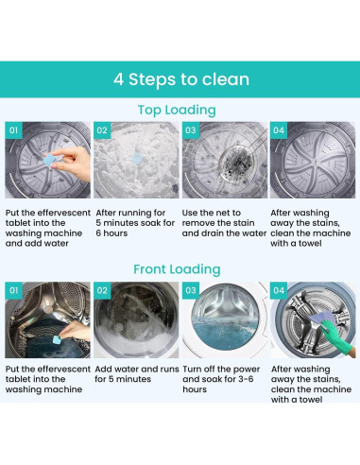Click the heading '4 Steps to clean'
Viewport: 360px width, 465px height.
click(x=181, y=79)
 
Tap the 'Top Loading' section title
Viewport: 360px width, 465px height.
click(x=177, y=111)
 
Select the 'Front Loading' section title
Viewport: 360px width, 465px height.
click(x=177, y=269)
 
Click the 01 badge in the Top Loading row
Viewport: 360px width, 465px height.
click(x=13, y=130)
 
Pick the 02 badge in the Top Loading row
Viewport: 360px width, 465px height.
click(x=102, y=130)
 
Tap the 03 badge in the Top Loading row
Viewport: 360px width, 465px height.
click(x=191, y=130)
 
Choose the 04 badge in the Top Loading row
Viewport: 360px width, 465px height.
click(x=279, y=130)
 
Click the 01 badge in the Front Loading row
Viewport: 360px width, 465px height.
click(x=13, y=290)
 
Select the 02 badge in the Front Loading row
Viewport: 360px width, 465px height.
click(x=102, y=290)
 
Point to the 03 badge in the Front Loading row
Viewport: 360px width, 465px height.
click(x=191, y=290)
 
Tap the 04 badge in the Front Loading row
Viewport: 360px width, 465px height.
click(x=279, y=290)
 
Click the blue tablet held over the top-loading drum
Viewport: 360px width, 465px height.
click(x=49, y=160)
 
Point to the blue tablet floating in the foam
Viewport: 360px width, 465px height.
click(x=138, y=159)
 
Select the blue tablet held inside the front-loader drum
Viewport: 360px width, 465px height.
click(x=57, y=340)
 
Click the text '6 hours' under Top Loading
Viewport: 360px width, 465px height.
click(x=111, y=233)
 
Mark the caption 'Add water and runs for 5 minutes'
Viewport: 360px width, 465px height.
click(x=137, y=374)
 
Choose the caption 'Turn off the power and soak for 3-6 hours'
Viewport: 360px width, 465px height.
click(x=221, y=379)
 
